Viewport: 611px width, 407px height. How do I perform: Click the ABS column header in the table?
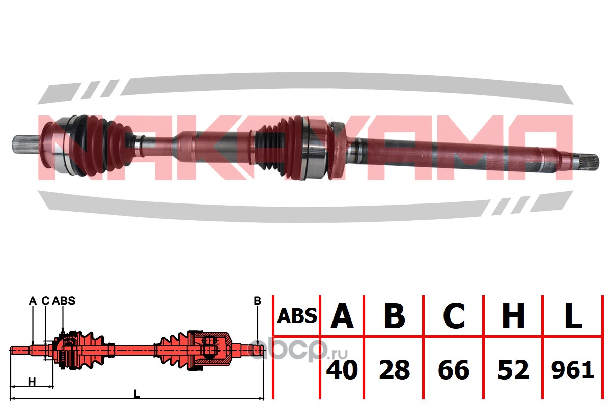pyautogui.click(x=297, y=316)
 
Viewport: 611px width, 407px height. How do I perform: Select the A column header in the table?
pyautogui.click(x=342, y=315)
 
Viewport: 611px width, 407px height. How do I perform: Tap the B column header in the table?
pyautogui.click(x=394, y=315)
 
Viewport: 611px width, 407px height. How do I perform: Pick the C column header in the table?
pyautogui.click(x=454, y=315)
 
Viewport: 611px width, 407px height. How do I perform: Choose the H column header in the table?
pyautogui.click(x=513, y=315)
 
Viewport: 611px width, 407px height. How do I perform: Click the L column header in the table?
pyautogui.click(x=573, y=315)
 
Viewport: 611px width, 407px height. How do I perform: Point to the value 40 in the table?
pyautogui.click(x=342, y=370)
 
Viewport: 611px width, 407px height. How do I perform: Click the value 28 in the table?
pyautogui.click(x=395, y=370)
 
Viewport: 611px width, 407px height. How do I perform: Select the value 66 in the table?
pyautogui.click(x=454, y=370)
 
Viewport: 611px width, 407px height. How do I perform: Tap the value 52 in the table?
pyautogui.click(x=513, y=370)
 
